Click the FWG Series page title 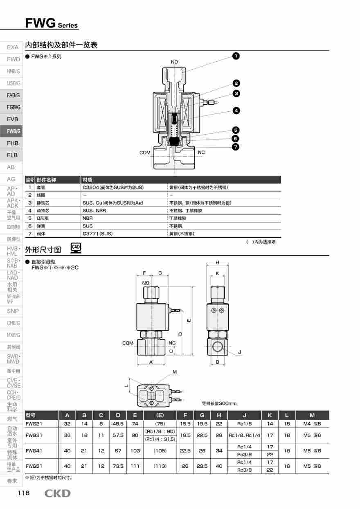tap(51, 23)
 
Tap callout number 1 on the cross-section tap(236, 56)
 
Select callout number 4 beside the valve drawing tap(236, 110)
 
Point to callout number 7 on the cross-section tap(236, 147)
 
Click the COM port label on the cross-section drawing tap(145, 153)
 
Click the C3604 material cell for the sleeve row tap(112, 187)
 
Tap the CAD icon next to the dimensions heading tap(76, 248)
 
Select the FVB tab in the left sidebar tap(12, 119)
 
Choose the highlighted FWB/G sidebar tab tap(12, 131)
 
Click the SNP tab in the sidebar tap(13, 311)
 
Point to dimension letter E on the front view tap(189, 320)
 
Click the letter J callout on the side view tap(240, 352)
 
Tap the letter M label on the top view tap(175, 372)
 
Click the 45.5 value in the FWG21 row tap(118, 424)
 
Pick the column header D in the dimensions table tap(118, 415)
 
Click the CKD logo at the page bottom tap(57, 493)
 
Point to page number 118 tap(23, 493)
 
